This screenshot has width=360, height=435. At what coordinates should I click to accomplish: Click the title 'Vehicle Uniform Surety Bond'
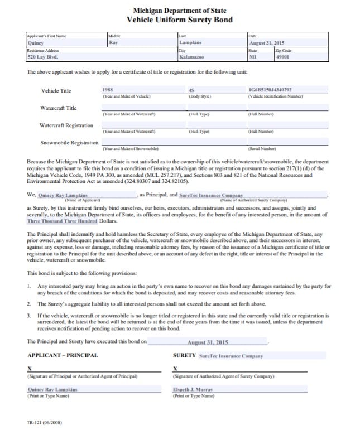coord(180,20)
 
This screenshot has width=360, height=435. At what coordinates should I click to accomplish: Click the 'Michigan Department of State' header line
coord(180,11)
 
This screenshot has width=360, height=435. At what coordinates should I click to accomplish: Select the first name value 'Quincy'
coord(36,42)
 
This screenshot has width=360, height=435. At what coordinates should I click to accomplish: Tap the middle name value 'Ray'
coord(113,42)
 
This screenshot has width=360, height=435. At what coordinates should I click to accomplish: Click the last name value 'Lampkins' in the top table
coord(190,42)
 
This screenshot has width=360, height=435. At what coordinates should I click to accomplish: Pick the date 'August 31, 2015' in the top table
coord(267,42)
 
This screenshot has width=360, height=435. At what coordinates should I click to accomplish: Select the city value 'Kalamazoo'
coord(191,57)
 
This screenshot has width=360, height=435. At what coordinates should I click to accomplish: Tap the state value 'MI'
coord(253,57)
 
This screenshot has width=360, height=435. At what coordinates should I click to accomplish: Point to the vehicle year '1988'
coord(109,90)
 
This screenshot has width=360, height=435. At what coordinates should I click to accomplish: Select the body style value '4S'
coord(193,90)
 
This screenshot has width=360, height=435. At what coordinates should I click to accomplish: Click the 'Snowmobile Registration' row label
coord(70,143)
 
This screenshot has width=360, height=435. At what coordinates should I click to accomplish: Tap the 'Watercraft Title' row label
coord(59,108)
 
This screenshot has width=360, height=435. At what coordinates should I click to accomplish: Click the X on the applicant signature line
coord(30,369)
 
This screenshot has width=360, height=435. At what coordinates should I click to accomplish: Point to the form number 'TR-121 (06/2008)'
coord(44,423)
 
